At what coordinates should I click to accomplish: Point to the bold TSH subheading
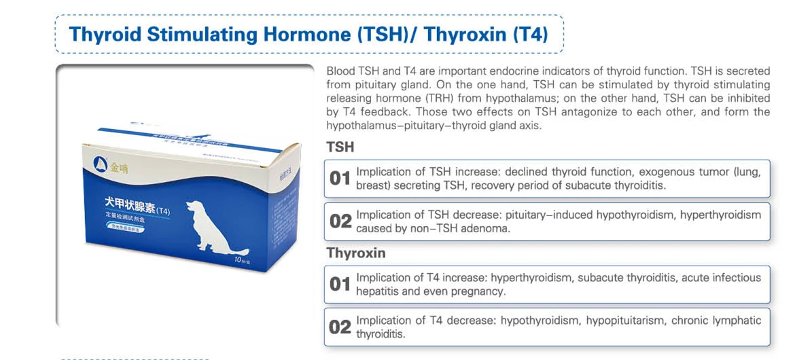click(340, 147)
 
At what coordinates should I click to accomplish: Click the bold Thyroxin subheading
click(356, 253)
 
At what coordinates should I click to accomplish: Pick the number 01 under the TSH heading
click(340, 179)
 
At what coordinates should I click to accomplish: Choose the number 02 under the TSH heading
click(340, 221)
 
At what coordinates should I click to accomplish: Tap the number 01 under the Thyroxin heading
click(340, 285)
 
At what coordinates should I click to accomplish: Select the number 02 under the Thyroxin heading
click(340, 327)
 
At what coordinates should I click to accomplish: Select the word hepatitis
click(377, 291)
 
